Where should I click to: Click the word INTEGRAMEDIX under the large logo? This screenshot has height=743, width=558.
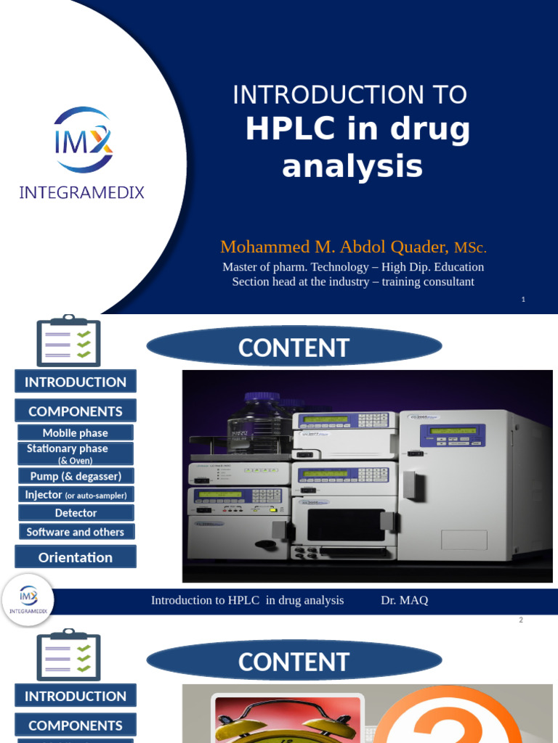click(81, 192)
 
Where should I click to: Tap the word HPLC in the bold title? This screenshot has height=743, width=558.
click(293, 129)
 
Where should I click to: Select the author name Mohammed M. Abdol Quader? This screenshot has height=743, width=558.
click(335, 247)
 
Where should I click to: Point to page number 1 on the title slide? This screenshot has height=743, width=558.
click(523, 300)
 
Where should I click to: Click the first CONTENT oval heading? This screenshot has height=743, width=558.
click(294, 348)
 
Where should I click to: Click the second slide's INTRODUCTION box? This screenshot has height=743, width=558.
click(76, 382)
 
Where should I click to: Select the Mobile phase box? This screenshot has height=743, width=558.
click(76, 433)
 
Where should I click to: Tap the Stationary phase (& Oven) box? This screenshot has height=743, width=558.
click(76, 453)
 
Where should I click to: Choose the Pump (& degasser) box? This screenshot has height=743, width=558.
click(76, 476)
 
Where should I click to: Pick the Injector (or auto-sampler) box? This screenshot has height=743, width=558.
click(76, 495)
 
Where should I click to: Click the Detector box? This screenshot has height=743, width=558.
click(76, 513)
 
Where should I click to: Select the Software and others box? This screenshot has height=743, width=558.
click(76, 532)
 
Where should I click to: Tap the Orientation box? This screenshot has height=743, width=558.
click(76, 557)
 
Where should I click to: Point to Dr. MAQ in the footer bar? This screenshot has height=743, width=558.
click(404, 600)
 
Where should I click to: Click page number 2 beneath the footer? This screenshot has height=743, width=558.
click(521, 620)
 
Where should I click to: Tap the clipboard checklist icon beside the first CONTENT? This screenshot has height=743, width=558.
click(68, 340)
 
